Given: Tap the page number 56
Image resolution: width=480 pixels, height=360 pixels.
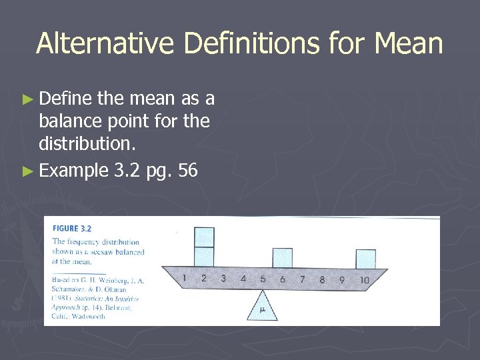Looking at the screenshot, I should pos(188,171).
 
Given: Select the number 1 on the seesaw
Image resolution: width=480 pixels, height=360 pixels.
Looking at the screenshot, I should pos(184,278).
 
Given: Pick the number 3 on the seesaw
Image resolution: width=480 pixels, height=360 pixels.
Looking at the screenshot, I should pos(223,279).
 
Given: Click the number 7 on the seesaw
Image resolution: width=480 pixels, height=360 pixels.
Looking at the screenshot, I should pos(302,279).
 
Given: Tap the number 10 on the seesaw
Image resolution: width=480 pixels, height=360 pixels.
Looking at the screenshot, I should pos(363,279).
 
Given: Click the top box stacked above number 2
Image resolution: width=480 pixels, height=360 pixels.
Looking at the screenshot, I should pos(204,237).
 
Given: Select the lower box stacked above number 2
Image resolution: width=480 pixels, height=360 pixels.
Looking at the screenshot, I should pos(204,257).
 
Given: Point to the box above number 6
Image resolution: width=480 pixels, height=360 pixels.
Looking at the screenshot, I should pos(282,258).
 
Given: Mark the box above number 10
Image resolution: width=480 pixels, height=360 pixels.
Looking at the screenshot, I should pos(365,259).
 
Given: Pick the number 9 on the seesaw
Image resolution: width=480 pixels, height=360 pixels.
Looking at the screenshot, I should pos(341,279).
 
